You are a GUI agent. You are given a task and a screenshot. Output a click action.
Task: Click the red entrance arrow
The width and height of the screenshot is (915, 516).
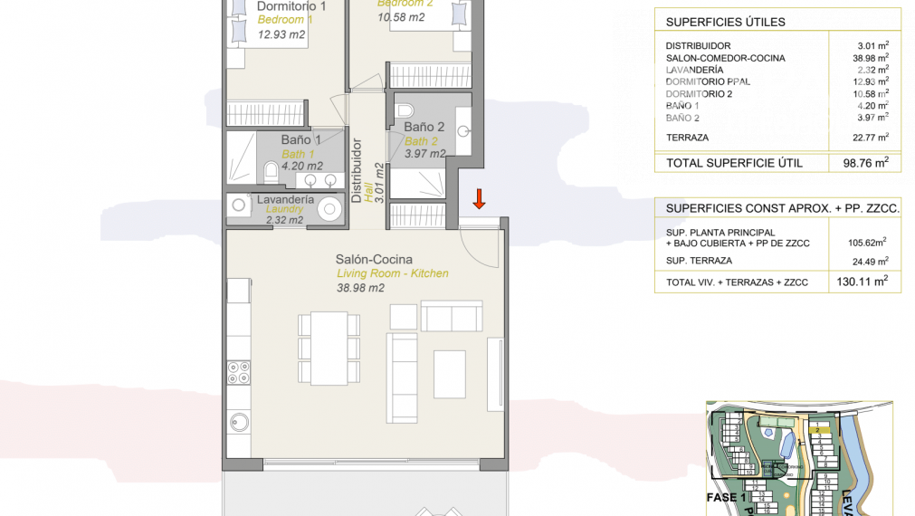480,196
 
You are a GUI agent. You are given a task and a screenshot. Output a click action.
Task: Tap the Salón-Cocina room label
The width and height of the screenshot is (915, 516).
374,260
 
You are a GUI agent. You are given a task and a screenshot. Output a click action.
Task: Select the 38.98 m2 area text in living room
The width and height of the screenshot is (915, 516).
360,288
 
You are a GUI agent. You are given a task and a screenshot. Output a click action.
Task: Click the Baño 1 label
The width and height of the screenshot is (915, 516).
301,139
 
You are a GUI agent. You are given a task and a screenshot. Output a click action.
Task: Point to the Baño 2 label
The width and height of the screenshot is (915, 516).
424,128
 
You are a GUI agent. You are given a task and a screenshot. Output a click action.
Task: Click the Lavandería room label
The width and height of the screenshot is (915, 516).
285,199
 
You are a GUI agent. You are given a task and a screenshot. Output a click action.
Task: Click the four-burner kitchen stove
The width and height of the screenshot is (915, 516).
239,372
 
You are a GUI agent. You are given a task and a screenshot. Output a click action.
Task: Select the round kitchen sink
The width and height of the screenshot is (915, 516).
240,421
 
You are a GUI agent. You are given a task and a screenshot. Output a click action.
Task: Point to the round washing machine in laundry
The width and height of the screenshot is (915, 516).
329,209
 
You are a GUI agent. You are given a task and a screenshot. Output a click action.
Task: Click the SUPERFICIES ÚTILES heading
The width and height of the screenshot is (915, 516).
725,22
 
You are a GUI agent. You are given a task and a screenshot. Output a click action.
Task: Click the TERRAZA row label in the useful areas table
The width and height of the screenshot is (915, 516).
687,138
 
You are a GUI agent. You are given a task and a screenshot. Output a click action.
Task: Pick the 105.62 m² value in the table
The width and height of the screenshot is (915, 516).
865,242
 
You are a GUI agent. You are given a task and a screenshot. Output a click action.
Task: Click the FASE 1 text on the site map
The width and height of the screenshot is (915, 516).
726,497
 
